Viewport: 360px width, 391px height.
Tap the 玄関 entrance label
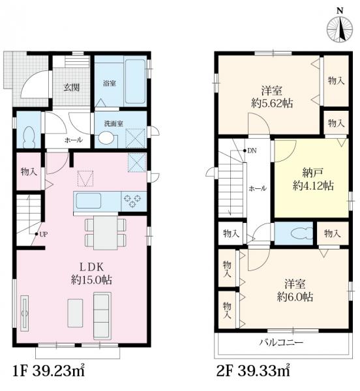coord(71,87)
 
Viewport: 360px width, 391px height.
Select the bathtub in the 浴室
coord(135,81)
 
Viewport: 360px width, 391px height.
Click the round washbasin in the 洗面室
coord(106,138)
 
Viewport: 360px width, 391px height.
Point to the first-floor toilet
coord(28,138)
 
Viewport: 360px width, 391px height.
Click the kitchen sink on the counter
coord(89,201)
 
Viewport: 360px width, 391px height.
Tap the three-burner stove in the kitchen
coord(132,201)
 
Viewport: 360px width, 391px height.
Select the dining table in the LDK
coord(106,233)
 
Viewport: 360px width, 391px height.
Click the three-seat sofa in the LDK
coord(102,315)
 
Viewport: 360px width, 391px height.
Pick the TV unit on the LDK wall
coord(24,313)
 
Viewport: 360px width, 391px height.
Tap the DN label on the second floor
coord(252,151)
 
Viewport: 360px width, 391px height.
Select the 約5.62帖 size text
coord(272,103)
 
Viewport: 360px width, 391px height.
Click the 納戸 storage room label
coord(313,173)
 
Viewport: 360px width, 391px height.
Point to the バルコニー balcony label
coord(281,342)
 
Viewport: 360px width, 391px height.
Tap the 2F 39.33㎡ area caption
coord(253,371)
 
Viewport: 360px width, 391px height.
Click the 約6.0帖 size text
coord(295,297)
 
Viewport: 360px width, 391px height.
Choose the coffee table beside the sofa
coord(75,313)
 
